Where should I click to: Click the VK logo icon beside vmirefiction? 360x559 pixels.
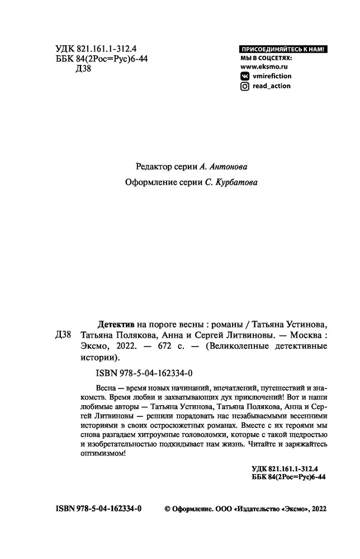tap(244, 76)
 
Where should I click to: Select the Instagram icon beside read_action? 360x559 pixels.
tap(244, 86)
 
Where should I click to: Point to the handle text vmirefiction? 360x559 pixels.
tap(272, 76)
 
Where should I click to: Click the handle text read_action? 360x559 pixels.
tap(272, 86)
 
